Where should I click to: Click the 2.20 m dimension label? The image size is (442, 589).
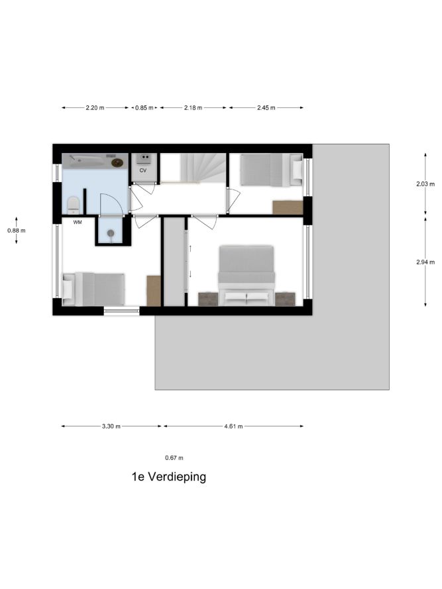tap(95, 108)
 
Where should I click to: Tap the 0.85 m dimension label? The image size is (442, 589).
tap(144, 108)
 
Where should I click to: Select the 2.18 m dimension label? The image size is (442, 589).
tap(193, 108)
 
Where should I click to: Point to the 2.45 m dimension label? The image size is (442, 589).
tap(266, 108)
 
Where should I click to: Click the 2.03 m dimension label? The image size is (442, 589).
tap(425, 184)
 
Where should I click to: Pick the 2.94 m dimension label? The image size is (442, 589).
tap(425, 262)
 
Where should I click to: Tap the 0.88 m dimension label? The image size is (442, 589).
tap(17, 231)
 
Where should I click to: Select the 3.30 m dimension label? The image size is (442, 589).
tap(111, 427)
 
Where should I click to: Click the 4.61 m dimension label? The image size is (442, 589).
tap(233, 427)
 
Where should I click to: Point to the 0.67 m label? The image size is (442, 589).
tap(174, 458)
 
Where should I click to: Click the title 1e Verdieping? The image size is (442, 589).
tap(169, 476)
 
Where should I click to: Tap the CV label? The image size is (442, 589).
tap(143, 170)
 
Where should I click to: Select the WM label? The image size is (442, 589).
tap(78, 223)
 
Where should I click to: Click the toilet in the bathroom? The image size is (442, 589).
tap(74, 205)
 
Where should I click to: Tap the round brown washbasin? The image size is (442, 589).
tap(117, 162)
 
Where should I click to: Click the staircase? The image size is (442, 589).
tap(193, 168)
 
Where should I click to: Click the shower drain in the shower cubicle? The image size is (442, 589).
tap(111, 233)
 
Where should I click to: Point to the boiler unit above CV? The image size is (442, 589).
tap(143, 158)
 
